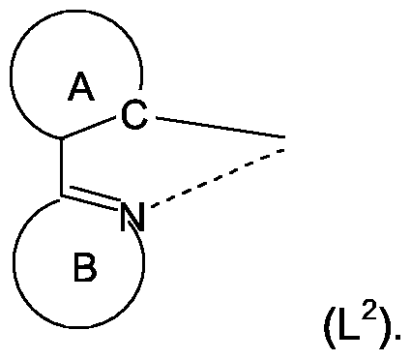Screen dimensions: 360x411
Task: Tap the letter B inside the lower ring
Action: coord(85,269)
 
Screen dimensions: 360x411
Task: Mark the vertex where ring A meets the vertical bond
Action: coord(64,137)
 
